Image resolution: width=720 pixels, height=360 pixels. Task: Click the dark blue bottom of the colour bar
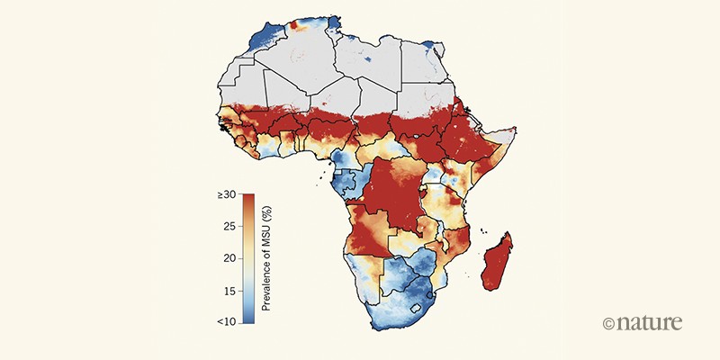point(247,318)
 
